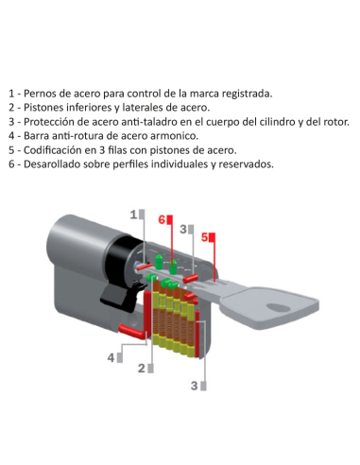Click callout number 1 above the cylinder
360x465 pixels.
click(133, 214)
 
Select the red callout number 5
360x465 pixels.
click(203, 237)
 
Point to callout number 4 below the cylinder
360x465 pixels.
click(111, 357)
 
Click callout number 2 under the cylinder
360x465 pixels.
click(142, 368)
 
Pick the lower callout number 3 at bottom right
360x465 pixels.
click(195, 385)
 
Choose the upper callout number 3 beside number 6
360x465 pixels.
click(182, 229)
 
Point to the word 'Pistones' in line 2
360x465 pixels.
click(47, 108)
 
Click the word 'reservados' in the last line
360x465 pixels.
click(244, 164)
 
